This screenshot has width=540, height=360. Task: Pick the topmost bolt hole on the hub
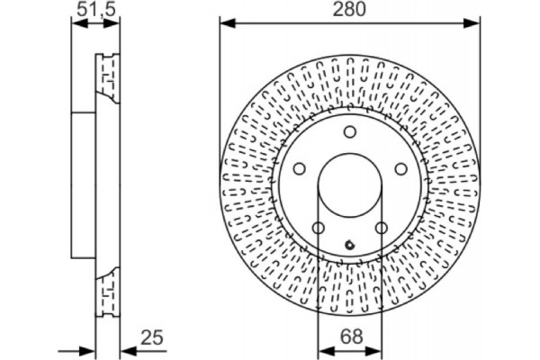349,133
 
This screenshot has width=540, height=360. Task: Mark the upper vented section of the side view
106,76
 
